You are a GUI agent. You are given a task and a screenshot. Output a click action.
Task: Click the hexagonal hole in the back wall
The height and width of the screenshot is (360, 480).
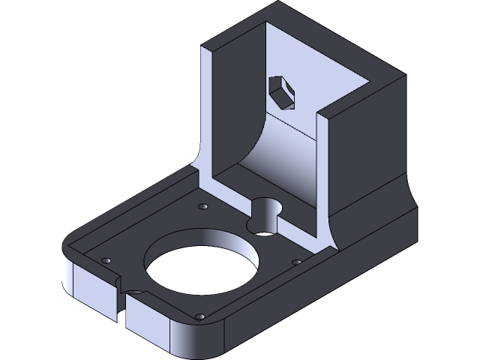pos(280,91)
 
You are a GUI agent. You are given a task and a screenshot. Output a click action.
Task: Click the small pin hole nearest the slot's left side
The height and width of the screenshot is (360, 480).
pos(106,259)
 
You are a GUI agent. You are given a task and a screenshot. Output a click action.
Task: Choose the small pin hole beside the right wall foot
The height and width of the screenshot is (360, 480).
pos(297,262)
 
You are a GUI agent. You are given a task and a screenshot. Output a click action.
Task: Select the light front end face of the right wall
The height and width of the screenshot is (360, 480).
pos(324,172)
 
